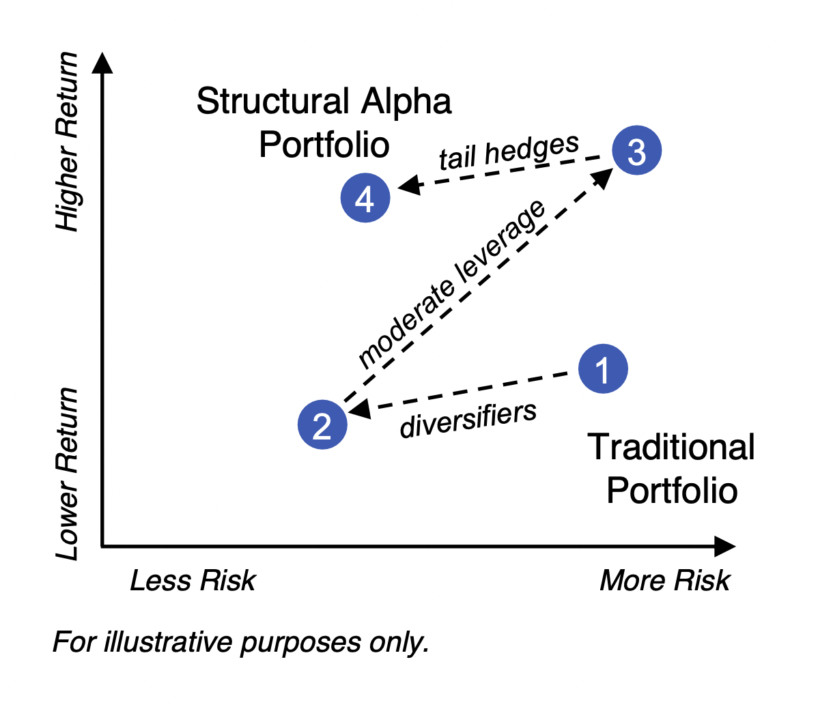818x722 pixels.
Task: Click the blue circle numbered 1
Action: tap(603, 369)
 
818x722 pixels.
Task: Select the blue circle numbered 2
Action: tap(322, 424)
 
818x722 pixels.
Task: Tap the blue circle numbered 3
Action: tap(636, 150)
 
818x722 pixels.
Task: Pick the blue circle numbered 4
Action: tap(365, 198)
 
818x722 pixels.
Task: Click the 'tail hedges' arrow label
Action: tap(509, 151)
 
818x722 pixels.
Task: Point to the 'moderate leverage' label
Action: tap(452, 284)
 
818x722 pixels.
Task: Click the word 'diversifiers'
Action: tap(468, 419)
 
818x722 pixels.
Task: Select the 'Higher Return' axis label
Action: tap(68, 141)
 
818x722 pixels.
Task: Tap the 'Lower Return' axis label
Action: tap(68, 474)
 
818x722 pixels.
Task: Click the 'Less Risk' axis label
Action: tap(193, 580)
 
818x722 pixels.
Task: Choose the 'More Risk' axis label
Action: tap(664, 580)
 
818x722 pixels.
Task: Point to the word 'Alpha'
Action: tap(406, 102)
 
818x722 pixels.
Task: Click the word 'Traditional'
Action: tap(671, 447)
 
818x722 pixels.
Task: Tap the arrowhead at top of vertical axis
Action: tap(102, 62)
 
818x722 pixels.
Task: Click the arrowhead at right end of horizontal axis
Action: tap(725, 546)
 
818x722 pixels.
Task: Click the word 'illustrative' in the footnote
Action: tap(168, 641)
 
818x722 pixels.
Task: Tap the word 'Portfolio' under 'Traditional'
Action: tap(672, 491)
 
